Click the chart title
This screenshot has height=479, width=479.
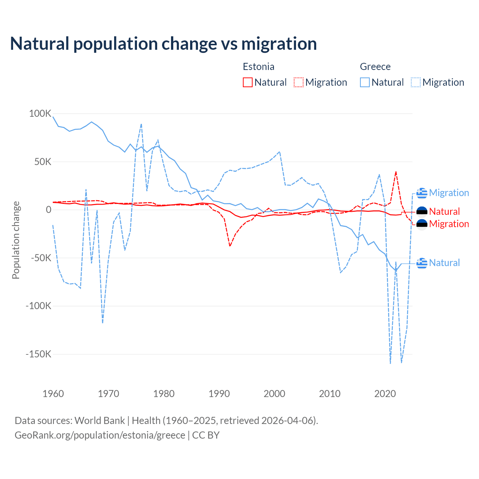tap(164, 44)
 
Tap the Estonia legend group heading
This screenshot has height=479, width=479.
tap(259, 67)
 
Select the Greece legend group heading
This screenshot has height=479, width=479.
tap(375, 67)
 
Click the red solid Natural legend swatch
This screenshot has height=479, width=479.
tap(248, 82)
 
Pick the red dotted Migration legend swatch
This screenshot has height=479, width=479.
tap(299, 82)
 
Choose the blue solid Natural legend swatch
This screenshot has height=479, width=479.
tap(365, 82)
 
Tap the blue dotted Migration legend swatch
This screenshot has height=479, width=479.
tap(416, 82)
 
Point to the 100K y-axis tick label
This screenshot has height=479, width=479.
tap(40, 113)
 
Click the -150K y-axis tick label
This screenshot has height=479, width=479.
tap(38, 354)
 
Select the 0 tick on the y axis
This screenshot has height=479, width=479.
tap(49, 210)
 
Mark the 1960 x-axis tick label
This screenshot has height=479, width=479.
tap(53, 394)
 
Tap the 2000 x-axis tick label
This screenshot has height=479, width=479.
tap(274, 394)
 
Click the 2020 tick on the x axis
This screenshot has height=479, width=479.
tap(385, 394)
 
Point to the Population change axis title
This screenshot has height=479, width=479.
tap(16, 240)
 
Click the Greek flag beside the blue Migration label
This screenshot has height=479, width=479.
tap(422, 193)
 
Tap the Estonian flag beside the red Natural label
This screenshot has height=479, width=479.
tap(422, 212)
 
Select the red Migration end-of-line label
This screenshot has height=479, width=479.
tap(449, 224)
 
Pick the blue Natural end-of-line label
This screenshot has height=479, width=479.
tap(444, 263)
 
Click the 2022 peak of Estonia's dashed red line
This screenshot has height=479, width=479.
tap(396, 172)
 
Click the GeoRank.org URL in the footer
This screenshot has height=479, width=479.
tap(100, 435)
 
